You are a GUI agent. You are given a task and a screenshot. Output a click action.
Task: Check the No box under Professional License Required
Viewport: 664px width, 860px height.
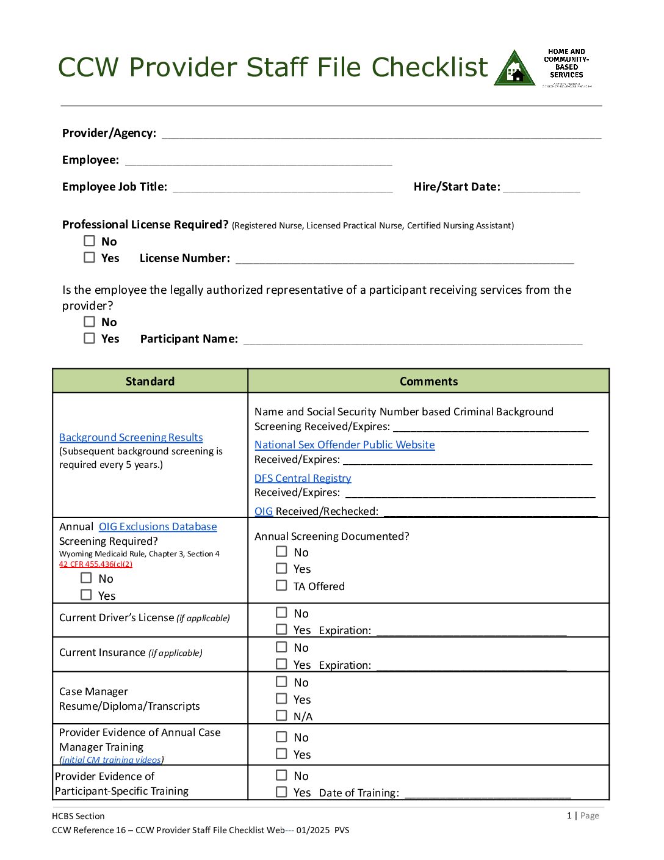(x=90, y=241)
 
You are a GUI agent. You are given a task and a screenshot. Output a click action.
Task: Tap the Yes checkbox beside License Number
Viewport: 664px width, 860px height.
(x=90, y=257)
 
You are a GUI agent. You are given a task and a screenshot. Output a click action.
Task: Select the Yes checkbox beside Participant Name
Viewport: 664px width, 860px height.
(x=90, y=338)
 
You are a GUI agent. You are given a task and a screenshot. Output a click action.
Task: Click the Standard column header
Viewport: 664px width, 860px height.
(x=150, y=381)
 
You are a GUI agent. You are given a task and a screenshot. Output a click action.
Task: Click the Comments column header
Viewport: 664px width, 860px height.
(x=428, y=381)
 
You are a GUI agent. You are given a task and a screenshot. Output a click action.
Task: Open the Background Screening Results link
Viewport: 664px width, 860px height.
(x=131, y=437)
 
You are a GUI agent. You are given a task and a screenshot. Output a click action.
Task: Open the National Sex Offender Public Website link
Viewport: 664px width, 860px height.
(x=345, y=445)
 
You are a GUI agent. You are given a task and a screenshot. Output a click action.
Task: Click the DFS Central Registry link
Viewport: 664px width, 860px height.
(x=303, y=478)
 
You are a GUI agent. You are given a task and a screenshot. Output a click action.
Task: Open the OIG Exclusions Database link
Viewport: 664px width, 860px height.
(x=157, y=527)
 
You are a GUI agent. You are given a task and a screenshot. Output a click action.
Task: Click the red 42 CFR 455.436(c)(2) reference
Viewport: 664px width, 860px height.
(x=96, y=564)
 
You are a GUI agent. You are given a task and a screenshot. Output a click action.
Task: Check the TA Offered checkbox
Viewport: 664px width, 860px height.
(x=281, y=585)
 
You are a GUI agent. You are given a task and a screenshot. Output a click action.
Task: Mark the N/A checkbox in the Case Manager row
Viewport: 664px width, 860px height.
(x=281, y=715)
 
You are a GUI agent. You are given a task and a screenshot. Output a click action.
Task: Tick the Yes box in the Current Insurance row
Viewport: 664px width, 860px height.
(x=281, y=664)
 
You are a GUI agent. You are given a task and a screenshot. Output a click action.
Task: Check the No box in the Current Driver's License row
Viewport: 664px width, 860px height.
(x=281, y=612)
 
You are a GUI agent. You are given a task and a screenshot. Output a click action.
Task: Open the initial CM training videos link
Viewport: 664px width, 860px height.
(x=112, y=760)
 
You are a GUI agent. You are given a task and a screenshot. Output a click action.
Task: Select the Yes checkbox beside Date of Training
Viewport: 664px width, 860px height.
(x=281, y=792)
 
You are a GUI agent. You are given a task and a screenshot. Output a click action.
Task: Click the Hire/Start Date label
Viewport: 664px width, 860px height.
(x=457, y=187)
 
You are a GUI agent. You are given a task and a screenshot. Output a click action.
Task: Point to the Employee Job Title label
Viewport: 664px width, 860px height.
(x=115, y=187)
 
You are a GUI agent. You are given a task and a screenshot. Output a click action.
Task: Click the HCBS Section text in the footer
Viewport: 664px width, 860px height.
(x=78, y=816)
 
